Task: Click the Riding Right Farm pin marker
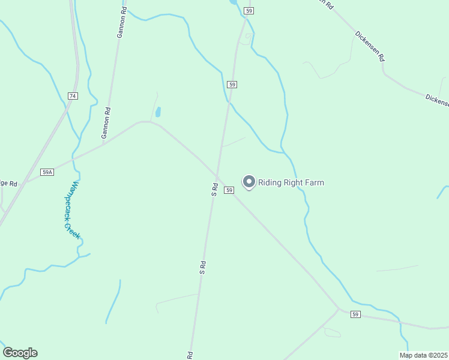[249, 181]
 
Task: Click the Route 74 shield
[73, 96]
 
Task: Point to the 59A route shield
[47, 172]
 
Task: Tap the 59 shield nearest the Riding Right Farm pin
[229, 190]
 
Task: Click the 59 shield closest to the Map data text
[355, 314]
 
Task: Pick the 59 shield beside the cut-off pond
[249, 11]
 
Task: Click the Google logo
[20, 353]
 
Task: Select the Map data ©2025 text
[423, 355]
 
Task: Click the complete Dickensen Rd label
[369, 47]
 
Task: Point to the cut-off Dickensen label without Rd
[437, 100]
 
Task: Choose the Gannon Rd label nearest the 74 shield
[106, 123]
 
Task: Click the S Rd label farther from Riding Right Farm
[203, 268]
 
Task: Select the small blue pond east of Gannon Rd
[158, 112]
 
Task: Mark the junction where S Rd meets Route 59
[217, 177]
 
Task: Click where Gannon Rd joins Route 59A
[103, 143]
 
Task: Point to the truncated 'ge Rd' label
[8, 183]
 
